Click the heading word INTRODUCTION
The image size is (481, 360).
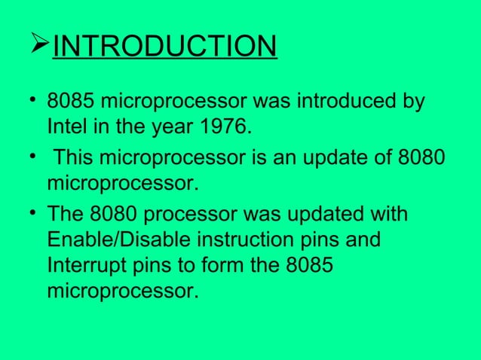pyautogui.click(x=165, y=47)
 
